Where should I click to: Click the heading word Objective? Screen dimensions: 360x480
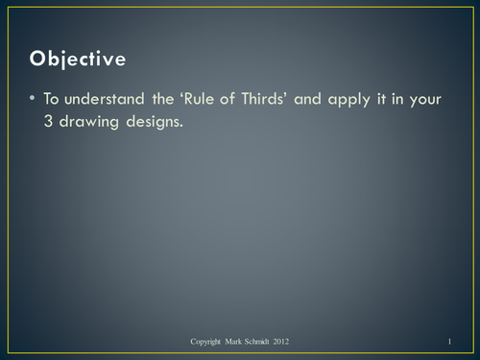point(78,59)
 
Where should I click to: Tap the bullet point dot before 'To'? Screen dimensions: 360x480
point(33,99)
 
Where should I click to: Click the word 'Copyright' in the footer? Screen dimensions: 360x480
point(209,342)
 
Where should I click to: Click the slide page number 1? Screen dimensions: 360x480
point(449,342)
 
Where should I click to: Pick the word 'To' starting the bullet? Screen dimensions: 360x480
point(52,100)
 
